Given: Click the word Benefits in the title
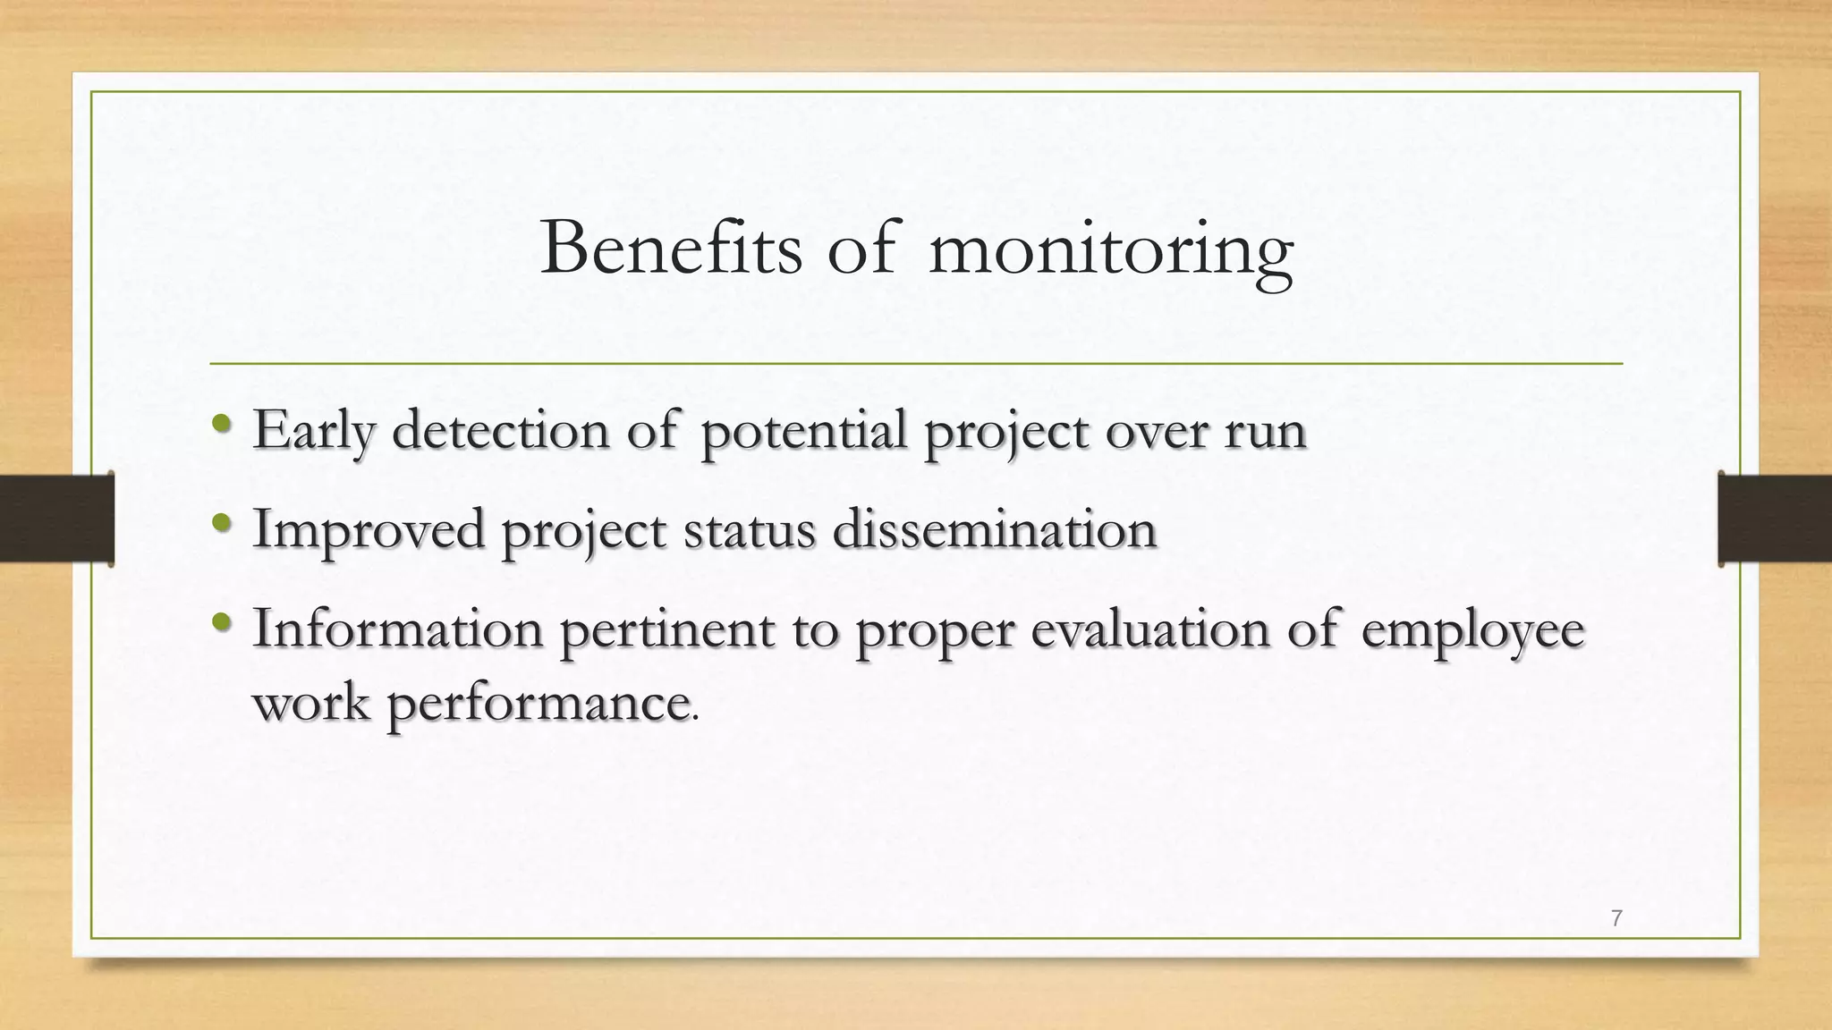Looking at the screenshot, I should (671, 249).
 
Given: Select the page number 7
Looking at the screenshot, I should (1616, 918).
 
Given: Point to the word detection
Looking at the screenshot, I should (501, 430).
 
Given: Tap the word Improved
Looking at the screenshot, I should (369, 530).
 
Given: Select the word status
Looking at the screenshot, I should (750, 528).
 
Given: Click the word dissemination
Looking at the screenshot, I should (995, 528).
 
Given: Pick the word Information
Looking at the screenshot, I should (398, 629).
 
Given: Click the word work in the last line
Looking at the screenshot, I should (311, 703).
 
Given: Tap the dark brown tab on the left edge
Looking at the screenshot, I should (56, 519).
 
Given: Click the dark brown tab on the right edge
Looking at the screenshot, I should (1775, 519).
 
